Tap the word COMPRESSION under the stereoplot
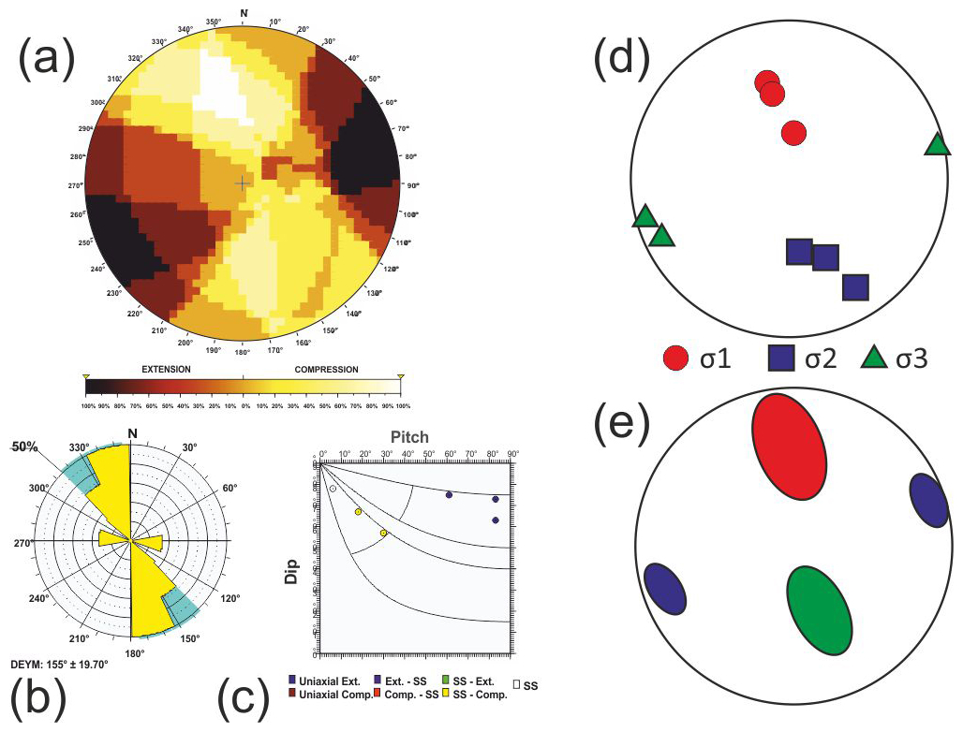pyautogui.click(x=326, y=370)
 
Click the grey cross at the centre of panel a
pyautogui.click(x=242, y=183)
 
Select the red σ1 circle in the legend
pyautogui.click(x=677, y=358)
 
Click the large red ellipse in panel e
pyautogui.click(x=790, y=446)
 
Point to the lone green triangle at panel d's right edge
pyautogui.click(x=936, y=144)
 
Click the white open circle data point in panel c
pyautogui.click(x=333, y=489)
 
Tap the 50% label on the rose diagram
pyautogui.click(x=25, y=447)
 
